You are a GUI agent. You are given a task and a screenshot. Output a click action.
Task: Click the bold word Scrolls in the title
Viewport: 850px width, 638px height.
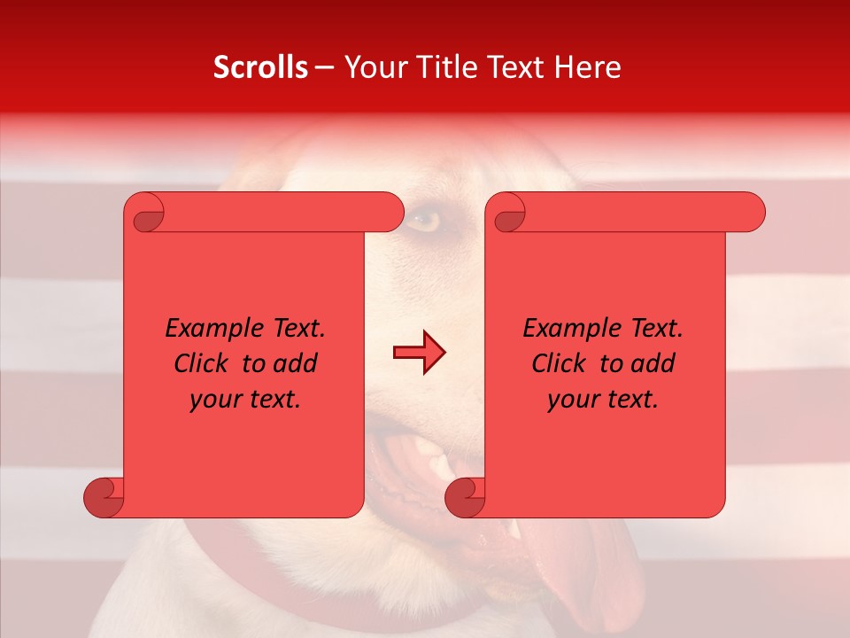tap(261, 67)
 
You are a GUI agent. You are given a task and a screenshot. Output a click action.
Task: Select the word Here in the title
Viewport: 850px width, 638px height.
tap(587, 67)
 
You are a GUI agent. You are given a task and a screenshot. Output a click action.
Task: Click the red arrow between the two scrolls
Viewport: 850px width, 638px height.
tap(419, 353)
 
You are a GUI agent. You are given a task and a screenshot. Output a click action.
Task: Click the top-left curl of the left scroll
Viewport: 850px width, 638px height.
tap(144, 213)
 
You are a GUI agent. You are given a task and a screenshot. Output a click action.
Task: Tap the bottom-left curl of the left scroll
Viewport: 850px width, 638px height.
tap(104, 497)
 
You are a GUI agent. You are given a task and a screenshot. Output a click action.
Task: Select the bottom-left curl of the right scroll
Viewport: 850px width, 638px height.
tap(465, 497)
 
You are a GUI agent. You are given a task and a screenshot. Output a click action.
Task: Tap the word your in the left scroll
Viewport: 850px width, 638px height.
tap(213, 400)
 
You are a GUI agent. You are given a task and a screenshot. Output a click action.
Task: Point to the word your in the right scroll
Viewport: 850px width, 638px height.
tap(571, 400)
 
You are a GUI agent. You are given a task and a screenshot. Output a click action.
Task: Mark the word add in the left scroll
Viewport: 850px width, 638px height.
tap(296, 364)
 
